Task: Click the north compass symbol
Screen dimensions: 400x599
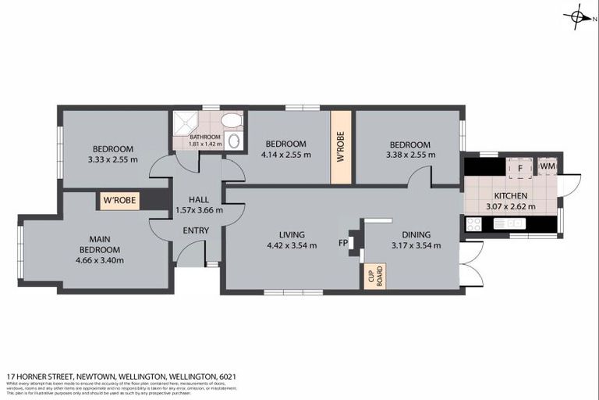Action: (577, 16)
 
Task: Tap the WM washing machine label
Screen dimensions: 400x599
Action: (548, 166)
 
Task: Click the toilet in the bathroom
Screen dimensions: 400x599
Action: (231, 121)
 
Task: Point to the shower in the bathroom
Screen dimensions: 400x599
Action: (185, 123)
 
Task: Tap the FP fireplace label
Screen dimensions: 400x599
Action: (343, 243)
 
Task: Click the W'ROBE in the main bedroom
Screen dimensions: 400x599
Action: (119, 201)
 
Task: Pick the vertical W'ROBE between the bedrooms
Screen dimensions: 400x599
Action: (341, 148)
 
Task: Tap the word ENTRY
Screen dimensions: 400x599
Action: (195, 230)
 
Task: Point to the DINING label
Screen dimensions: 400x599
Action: (416, 234)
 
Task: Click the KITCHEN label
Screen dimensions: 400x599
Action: (511, 196)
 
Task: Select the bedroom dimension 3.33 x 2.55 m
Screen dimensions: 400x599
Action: (112, 159)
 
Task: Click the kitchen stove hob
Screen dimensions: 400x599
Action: (473, 224)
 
